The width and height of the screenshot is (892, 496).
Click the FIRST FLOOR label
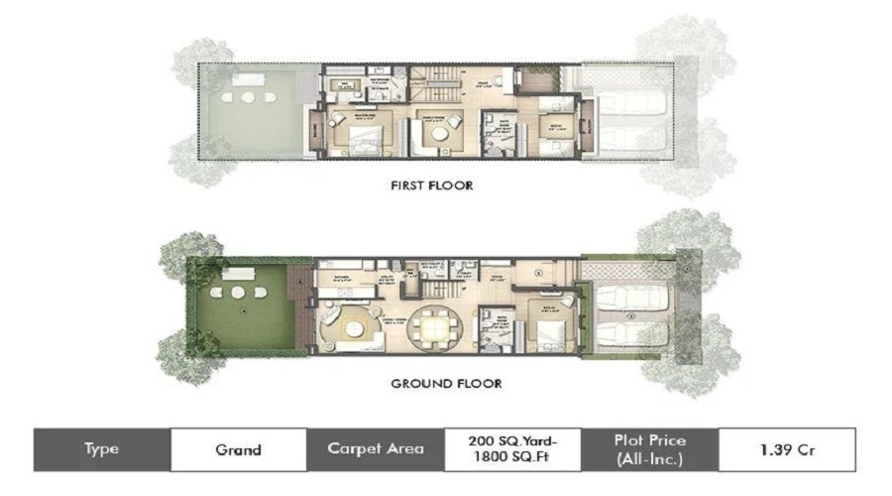pyautogui.click(x=431, y=186)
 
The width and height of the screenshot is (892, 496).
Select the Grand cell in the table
pyautogui.click(x=238, y=448)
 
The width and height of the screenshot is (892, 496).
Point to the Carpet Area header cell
pyautogui.click(x=375, y=448)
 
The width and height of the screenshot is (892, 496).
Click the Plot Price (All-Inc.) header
pyautogui.click(x=649, y=448)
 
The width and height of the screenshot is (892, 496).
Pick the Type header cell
pyautogui.click(x=101, y=448)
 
